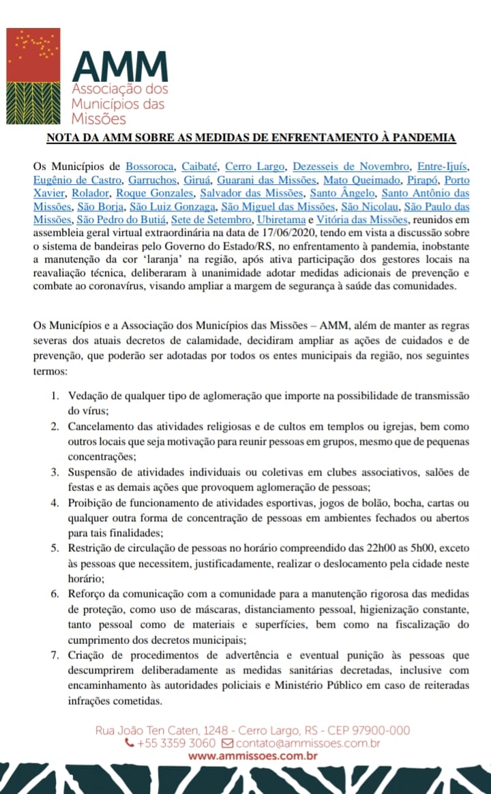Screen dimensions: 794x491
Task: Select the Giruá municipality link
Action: [x=196, y=180]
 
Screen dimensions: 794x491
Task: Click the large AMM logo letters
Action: [x=120, y=67]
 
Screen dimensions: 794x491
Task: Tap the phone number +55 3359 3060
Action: [x=177, y=743]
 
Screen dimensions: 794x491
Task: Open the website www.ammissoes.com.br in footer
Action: [x=252, y=756]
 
